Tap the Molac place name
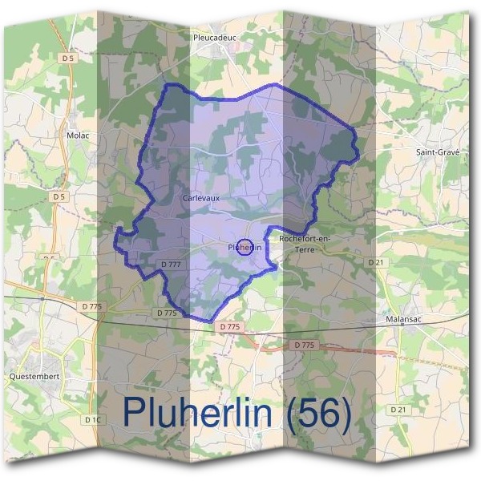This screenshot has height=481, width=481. pos(78,135)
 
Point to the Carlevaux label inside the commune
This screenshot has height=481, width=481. pos(200,197)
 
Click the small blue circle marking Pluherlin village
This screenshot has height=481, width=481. pos(246,247)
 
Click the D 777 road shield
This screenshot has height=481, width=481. pos(172,264)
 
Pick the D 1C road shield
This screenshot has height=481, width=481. pos(93,418)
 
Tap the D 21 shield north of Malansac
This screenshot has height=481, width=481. pos(376,262)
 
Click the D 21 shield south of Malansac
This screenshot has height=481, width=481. pos(398,409)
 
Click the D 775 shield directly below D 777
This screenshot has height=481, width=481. pos(167,313)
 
